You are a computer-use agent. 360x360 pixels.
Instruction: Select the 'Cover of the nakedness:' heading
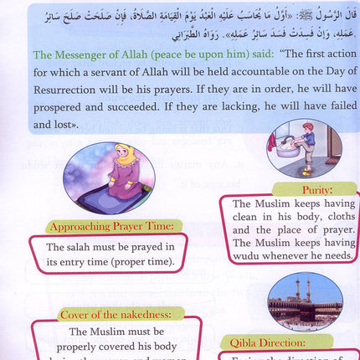pyautogui.click(x=121, y=315)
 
